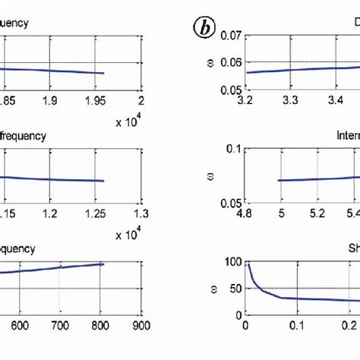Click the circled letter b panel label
coord(203,30)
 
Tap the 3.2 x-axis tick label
coord(245,99)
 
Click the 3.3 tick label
coord(289,99)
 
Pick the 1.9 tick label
coord(50,99)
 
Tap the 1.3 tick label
coord(140,214)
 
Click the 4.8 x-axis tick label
coord(245,214)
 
